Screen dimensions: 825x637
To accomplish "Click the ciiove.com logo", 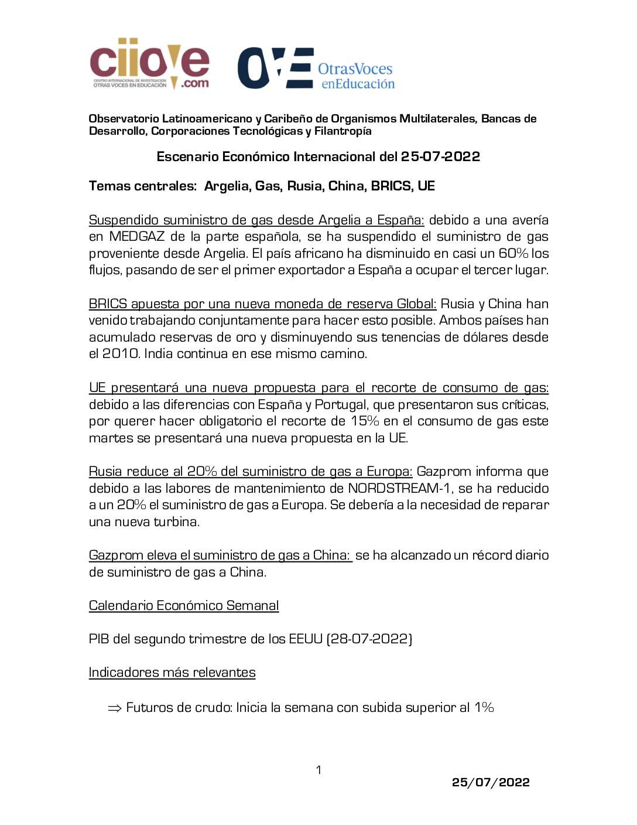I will (149, 64).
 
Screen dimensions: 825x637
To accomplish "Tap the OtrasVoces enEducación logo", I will (316, 69).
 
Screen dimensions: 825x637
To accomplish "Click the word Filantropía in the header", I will (343, 131).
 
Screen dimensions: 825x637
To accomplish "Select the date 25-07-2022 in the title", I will (440, 157).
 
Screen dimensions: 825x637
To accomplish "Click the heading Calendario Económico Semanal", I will (184, 606).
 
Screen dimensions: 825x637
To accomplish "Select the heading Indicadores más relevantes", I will (172, 673).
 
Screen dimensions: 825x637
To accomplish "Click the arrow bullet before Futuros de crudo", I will (115, 708).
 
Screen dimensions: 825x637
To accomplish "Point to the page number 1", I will (318, 770).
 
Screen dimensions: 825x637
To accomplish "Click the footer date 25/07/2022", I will (491, 783).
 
